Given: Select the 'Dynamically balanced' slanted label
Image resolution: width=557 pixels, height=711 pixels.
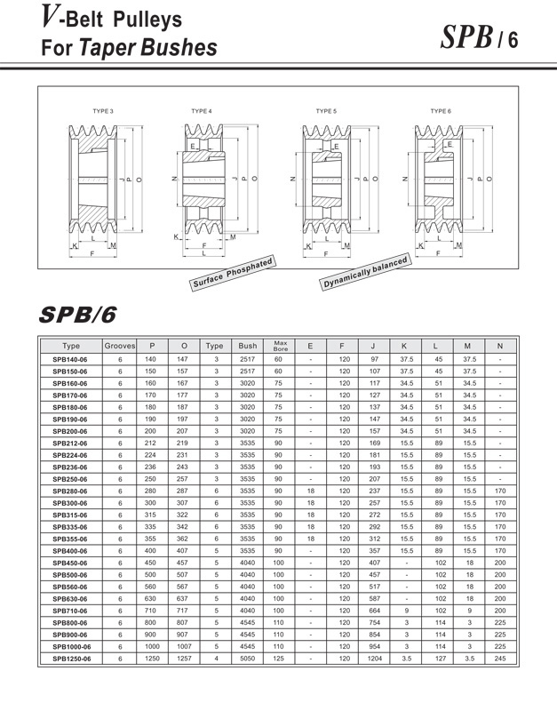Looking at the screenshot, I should pyautogui.click(x=365, y=272).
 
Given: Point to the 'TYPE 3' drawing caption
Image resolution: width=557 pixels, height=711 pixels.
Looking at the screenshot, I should pyautogui.click(x=103, y=111).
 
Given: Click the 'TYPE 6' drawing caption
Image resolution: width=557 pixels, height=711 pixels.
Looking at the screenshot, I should pyautogui.click(x=441, y=111).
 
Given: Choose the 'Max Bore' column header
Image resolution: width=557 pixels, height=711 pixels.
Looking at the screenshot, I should pyautogui.click(x=279, y=345).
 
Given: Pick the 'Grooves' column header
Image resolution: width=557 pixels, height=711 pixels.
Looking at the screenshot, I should pyautogui.click(x=120, y=345).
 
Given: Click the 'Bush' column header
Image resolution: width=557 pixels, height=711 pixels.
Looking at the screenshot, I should pyautogui.click(x=247, y=345).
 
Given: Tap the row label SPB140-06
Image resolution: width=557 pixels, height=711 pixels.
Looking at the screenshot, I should pyautogui.click(x=72, y=359).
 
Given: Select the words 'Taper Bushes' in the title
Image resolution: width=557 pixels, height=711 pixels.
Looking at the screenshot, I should pyautogui.click(x=148, y=47).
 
